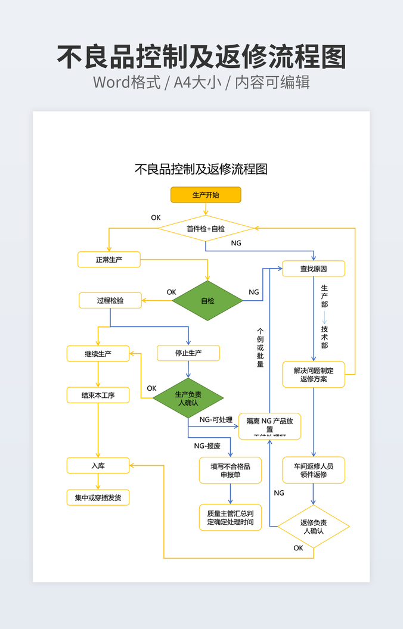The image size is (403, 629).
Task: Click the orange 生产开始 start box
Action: (x=206, y=195)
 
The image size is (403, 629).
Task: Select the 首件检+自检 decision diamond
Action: (x=206, y=229)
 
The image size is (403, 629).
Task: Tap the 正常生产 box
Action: (x=109, y=260)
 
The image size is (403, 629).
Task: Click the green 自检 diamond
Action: (x=207, y=301)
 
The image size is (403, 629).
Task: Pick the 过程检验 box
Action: (x=110, y=301)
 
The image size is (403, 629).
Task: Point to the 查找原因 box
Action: (x=314, y=269)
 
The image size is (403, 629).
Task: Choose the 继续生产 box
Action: (x=98, y=353)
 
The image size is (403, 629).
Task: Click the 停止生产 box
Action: (x=188, y=353)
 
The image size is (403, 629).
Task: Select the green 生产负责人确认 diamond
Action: (x=188, y=398)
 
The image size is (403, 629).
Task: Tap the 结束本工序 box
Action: (x=98, y=395)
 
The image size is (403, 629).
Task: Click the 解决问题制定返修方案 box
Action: (x=314, y=375)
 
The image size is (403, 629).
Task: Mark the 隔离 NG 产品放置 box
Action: (x=269, y=426)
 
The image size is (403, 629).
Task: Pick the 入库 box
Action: (x=98, y=466)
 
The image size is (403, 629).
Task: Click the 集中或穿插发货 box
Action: (x=98, y=497)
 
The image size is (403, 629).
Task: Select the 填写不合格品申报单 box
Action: (x=230, y=471)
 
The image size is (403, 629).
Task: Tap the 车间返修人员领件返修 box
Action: (x=314, y=471)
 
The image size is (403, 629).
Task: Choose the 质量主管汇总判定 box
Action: (x=230, y=518)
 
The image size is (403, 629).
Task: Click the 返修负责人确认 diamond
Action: (x=314, y=527)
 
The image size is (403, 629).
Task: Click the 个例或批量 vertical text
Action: (x=260, y=347)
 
